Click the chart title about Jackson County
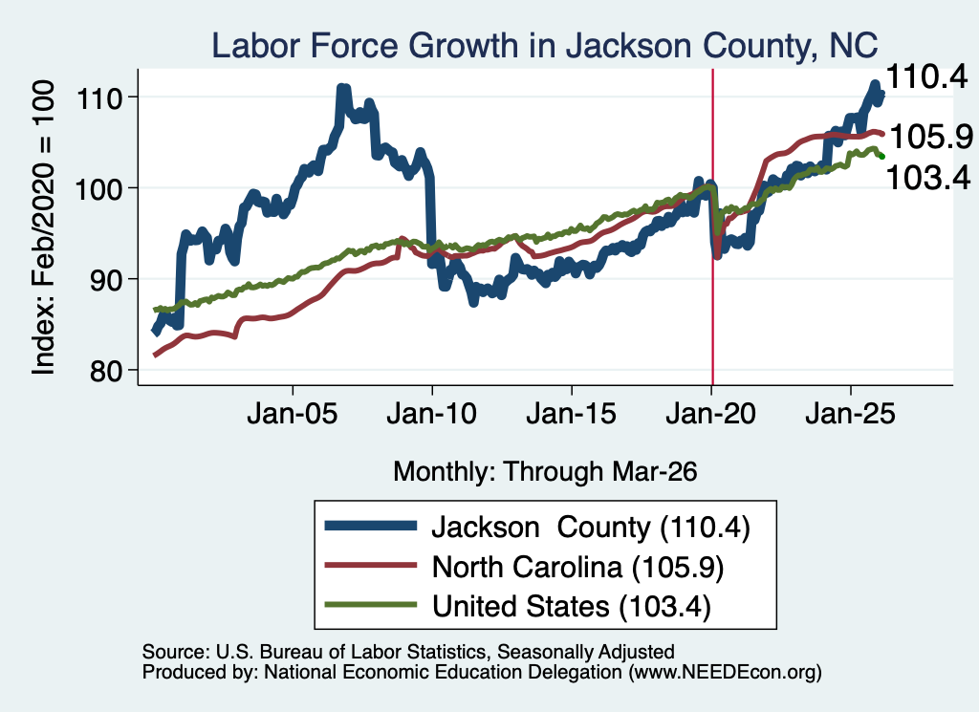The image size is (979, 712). point(544,45)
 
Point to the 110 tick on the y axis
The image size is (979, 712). point(98,98)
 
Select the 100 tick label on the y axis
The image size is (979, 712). point(98,188)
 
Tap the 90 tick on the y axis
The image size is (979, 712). point(105,280)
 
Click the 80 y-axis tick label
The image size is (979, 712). point(105,371)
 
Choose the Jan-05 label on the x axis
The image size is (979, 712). point(293,414)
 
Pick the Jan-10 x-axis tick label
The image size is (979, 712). point(432,414)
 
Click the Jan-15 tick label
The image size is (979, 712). point(572,414)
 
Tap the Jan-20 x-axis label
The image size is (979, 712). point(711,414)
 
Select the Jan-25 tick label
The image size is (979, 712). point(850,414)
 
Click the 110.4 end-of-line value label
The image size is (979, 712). point(926,77)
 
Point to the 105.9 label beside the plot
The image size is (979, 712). point(931,136)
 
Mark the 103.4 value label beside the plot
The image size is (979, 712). point(927,177)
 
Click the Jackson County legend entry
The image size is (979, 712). point(537,528)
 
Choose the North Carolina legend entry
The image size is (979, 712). point(525,568)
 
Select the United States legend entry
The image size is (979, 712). point(518,607)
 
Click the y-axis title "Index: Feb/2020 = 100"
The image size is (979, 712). point(43,227)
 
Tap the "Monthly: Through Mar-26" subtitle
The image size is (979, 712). point(545,472)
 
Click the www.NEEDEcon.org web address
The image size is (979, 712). point(725,672)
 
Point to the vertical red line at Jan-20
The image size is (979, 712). point(712,227)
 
